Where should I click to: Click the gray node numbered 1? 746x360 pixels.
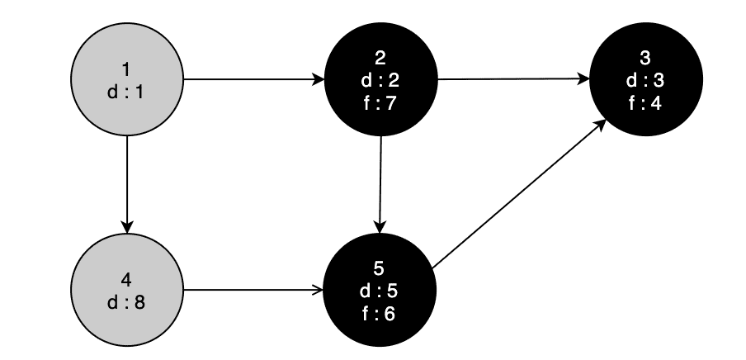[126, 81]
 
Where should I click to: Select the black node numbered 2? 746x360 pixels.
[380, 80]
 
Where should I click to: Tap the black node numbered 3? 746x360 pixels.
[645, 80]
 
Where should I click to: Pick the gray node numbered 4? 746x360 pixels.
[126, 290]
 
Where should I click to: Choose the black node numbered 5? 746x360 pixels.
[380, 289]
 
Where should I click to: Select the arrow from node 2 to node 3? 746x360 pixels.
[512, 80]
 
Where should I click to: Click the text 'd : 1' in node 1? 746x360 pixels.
[126, 92]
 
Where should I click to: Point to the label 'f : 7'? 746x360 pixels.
[380, 103]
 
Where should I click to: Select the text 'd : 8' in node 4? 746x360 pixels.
[126, 301]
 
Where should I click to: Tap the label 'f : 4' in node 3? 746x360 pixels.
[645, 103]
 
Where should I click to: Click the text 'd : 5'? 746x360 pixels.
[380, 290]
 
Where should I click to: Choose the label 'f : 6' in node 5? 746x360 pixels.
[380, 313]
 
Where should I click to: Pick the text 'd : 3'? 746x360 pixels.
[645, 81]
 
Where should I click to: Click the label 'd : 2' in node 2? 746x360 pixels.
[380, 81]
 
